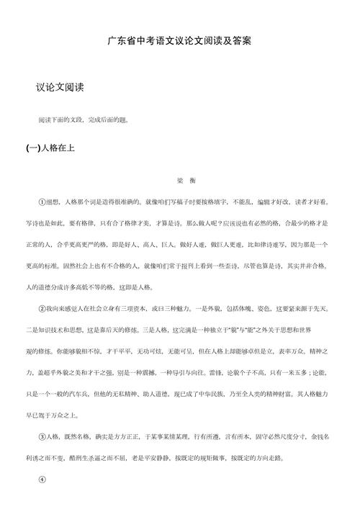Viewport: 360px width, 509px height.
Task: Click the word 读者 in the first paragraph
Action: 305,203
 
